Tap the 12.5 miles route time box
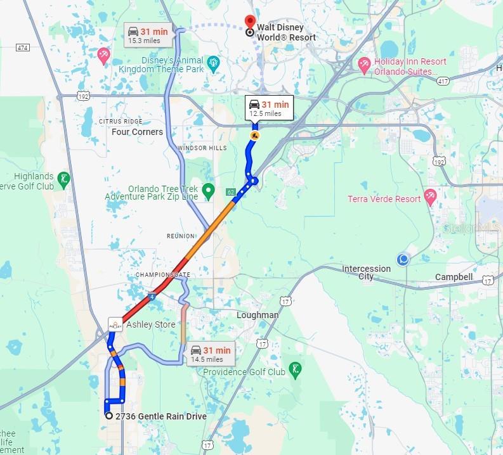[x=268, y=108]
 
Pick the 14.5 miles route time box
[x=210, y=354]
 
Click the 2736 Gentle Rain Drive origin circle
[x=110, y=416]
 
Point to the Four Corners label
[x=137, y=132]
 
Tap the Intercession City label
[x=367, y=272]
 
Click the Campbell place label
[x=454, y=277]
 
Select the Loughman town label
[x=257, y=315]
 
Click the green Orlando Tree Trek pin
[x=208, y=190]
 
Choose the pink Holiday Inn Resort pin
[x=364, y=63]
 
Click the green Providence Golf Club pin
[x=295, y=370]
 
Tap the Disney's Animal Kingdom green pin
[x=213, y=63]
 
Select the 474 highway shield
[x=23, y=47]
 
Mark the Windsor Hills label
[x=202, y=148]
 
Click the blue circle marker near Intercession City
[x=403, y=259]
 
